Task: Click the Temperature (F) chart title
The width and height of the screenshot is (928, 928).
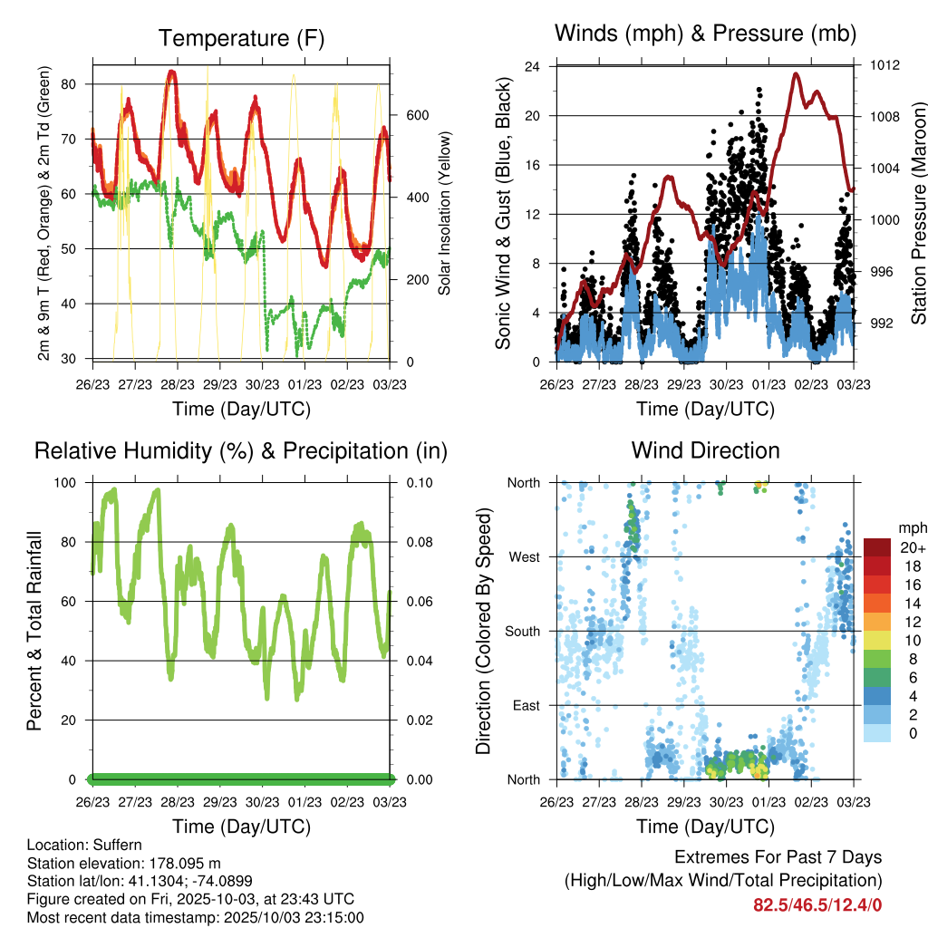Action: click(x=240, y=38)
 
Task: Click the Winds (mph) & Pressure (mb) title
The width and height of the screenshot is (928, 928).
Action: click(x=705, y=34)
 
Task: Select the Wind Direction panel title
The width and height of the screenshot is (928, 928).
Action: click(x=705, y=450)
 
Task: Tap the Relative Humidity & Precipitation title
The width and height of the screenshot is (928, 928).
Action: click(x=240, y=450)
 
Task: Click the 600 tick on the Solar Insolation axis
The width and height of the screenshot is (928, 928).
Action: click(x=416, y=115)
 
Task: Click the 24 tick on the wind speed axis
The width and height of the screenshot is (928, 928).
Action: click(x=534, y=66)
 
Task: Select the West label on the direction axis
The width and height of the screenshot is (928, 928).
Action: click(x=525, y=556)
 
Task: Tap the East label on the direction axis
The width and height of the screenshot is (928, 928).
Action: click(x=527, y=705)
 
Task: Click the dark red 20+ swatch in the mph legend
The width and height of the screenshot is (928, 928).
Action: click(x=876, y=547)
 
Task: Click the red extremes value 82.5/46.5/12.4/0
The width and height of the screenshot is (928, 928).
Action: click(x=817, y=904)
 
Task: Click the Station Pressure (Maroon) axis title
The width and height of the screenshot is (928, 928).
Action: click(x=917, y=212)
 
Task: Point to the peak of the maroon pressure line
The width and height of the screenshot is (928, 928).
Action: click(x=796, y=74)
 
